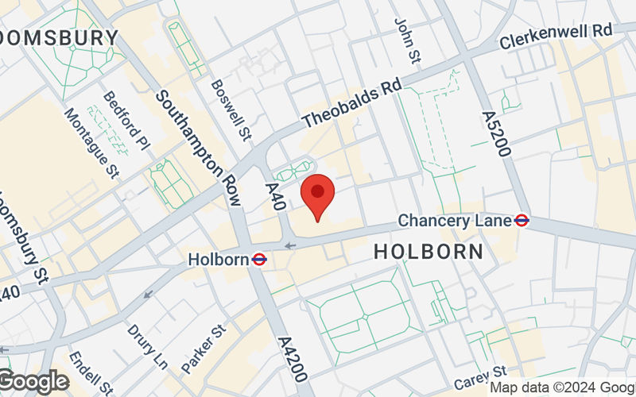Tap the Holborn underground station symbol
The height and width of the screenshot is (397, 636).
259,259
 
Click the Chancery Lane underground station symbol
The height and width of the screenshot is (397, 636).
522,220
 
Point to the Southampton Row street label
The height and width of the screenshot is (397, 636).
198,146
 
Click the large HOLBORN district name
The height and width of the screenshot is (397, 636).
429,252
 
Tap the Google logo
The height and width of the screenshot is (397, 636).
33,382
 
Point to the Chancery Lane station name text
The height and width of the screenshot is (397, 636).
455,220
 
